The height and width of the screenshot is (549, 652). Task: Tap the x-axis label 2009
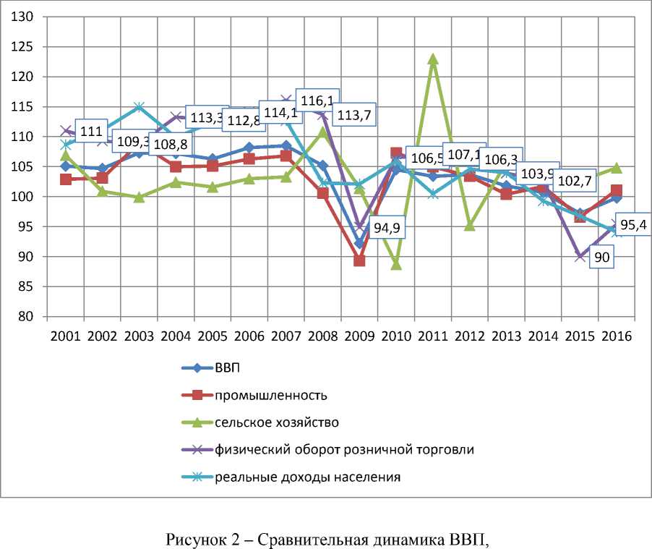[359, 336]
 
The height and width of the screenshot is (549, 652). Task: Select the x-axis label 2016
[616, 336]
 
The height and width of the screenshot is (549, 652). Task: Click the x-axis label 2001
[66, 336]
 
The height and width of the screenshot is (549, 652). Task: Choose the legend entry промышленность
[270, 395]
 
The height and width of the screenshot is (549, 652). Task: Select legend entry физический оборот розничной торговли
[344, 449]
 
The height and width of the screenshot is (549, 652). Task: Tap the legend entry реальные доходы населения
[307, 477]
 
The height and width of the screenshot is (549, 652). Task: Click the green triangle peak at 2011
[433, 59]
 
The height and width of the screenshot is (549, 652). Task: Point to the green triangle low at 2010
[396, 264]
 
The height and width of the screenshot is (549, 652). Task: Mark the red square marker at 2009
[359, 260]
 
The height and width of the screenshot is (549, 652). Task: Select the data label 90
[604, 258]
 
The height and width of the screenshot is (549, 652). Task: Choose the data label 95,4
[634, 224]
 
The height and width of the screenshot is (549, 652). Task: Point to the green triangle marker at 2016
[616, 168]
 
